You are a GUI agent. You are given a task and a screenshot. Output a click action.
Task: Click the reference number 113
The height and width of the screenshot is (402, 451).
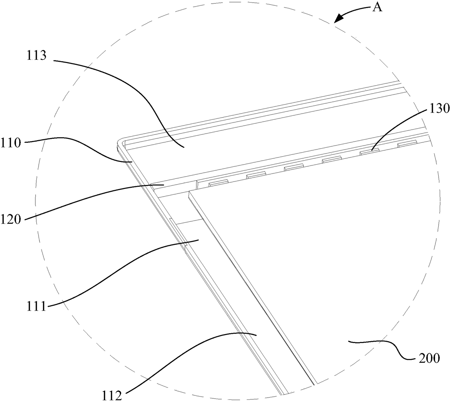click(x=36, y=56)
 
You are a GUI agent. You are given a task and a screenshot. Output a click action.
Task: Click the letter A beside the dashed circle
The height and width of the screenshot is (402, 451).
click(x=378, y=7)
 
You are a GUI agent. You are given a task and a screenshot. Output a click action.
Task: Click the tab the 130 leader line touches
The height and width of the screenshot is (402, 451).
click(x=369, y=151)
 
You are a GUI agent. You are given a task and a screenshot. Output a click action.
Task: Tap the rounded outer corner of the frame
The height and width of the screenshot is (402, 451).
click(x=119, y=142)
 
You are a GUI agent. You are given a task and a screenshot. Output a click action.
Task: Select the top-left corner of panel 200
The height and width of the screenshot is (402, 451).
click(x=189, y=194)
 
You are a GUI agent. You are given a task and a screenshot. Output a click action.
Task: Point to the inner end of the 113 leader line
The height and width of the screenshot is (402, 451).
click(x=184, y=147)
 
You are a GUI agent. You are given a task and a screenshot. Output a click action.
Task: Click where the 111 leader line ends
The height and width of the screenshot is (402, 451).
click(x=199, y=240)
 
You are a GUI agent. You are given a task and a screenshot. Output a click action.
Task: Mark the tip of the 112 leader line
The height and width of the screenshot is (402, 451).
click(x=257, y=334)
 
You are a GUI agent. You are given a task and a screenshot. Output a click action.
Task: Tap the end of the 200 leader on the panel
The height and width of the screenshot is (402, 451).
click(x=348, y=341)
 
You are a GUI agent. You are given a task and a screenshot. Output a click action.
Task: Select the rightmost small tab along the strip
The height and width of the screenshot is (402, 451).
click(x=407, y=144)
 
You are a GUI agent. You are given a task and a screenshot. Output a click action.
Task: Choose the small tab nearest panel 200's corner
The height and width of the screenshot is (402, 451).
click(x=218, y=183)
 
